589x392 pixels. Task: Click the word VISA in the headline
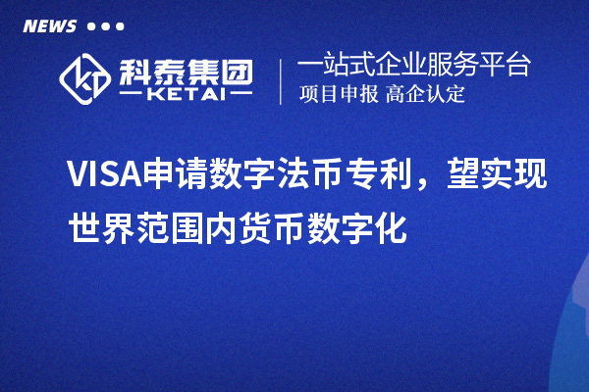pyautogui.click(x=102, y=174)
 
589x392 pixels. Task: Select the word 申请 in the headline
pyautogui.click(x=174, y=174)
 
